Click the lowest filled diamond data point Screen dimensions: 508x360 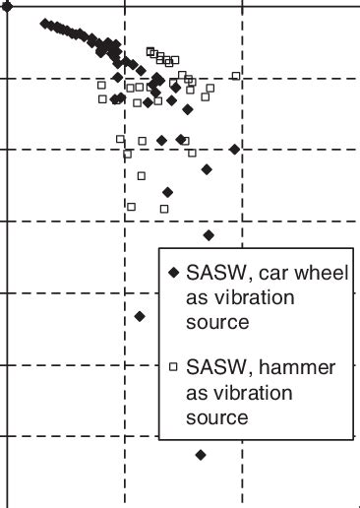201,455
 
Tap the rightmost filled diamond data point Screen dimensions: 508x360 234,149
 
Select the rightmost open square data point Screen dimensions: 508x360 236,76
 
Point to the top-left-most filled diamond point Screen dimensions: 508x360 45,23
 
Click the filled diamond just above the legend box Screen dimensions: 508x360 209,235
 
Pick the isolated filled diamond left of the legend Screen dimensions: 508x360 140,316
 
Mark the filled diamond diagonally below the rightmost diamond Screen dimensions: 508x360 207,169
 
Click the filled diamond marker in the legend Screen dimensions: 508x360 173,273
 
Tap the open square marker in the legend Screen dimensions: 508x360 173,367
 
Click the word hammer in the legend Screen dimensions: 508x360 296,368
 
